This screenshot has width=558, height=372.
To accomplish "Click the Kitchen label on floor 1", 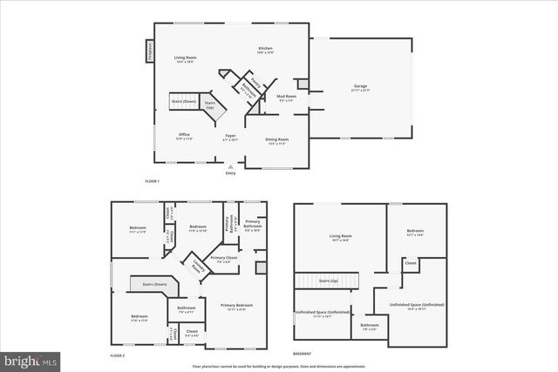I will (x=265, y=50).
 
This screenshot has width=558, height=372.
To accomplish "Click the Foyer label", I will (x=231, y=137).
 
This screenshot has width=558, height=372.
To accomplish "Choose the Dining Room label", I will (x=277, y=140).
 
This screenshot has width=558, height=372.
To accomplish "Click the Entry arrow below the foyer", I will (x=231, y=167).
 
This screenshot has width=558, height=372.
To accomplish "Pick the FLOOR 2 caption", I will (x=118, y=356).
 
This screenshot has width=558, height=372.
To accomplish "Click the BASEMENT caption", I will (x=303, y=354).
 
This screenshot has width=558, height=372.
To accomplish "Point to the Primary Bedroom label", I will (x=236, y=306).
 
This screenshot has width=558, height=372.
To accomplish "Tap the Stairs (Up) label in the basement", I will (x=329, y=281).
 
